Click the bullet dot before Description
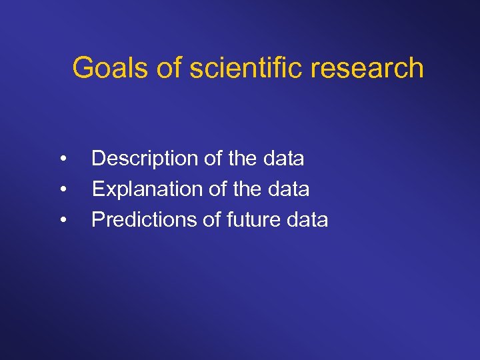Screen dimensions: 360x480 pos(62,159)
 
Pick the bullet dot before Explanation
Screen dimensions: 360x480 pos(62,190)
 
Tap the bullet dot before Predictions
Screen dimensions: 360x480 pos(62,221)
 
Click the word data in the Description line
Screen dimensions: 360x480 pos(282,159)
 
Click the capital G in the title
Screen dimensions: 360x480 pos(83,68)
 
